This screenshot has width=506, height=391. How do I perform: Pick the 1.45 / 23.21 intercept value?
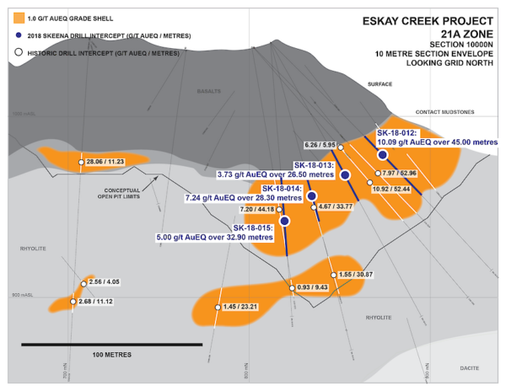[245, 307]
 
